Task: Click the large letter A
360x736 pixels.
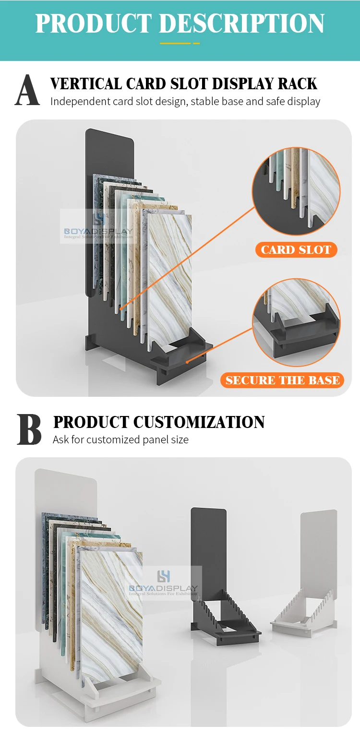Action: [27, 90]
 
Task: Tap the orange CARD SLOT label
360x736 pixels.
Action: [296, 250]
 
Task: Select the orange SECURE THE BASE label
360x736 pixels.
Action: [283, 380]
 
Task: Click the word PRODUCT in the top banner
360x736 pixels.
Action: [93, 23]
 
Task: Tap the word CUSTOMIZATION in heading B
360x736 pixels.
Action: [199, 422]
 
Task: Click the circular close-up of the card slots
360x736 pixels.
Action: [296, 191]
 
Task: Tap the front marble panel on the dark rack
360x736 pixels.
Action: [170, 278]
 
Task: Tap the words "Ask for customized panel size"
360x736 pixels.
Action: [120, 439]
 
